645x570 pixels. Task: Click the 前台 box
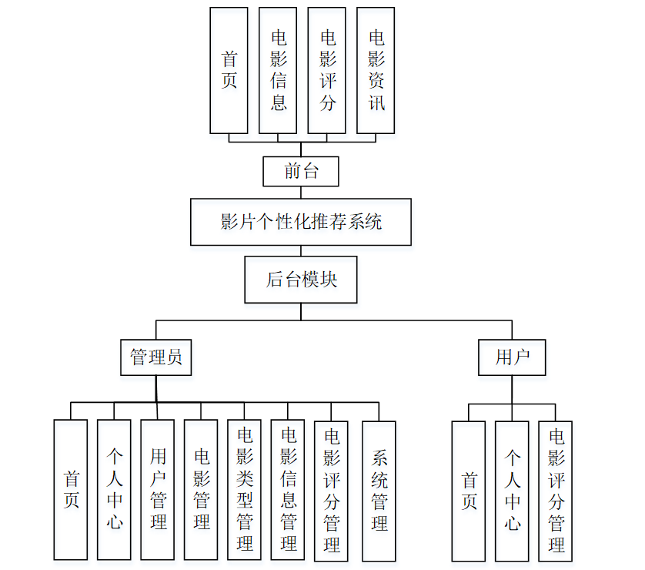(301, 171)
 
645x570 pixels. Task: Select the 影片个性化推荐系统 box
(301, 222)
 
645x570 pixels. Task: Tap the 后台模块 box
(301, 279)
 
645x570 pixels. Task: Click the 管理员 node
(156, 357)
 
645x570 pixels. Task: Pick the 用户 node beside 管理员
(512, 357)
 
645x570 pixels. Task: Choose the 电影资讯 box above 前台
(376, 70)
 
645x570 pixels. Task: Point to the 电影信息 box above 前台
(278, 70)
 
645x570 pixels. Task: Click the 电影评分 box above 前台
(327, 70)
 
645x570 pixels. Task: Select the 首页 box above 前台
(229, 70)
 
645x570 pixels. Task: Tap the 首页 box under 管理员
(71, 490)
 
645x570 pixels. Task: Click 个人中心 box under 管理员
(114, 490)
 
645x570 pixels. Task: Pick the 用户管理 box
(158, 490)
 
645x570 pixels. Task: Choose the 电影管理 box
(201, 490)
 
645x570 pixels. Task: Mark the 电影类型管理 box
(245, 490)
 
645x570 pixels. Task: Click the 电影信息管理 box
(288, 490)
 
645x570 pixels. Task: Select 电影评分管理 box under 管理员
(331, 490)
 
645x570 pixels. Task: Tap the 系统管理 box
(379, 490)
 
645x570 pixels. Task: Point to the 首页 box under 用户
(469, 491)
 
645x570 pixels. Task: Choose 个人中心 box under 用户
(512, 491)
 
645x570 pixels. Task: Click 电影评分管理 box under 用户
(556, 491)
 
